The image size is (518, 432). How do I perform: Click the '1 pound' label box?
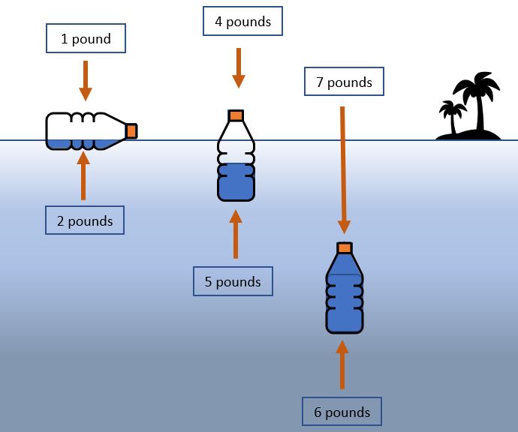[x=85, y=39]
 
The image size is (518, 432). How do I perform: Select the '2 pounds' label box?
[x=84, y=220]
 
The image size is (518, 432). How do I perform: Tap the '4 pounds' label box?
[x=242, y=22]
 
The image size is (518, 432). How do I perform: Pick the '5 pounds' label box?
[x=233, y=281]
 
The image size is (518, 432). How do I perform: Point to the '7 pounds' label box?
[x=344, y=82]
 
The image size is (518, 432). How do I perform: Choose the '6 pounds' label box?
[x=342, y=412]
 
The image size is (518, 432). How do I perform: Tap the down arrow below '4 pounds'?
[x=239, y=68]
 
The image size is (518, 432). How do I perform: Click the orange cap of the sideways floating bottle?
[x=131, y=130]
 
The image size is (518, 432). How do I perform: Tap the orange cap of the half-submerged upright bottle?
[x=236, y=115]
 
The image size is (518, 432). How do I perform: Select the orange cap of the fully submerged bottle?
[x=345, y=247]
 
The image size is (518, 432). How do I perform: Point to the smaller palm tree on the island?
[x=451, y=117]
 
